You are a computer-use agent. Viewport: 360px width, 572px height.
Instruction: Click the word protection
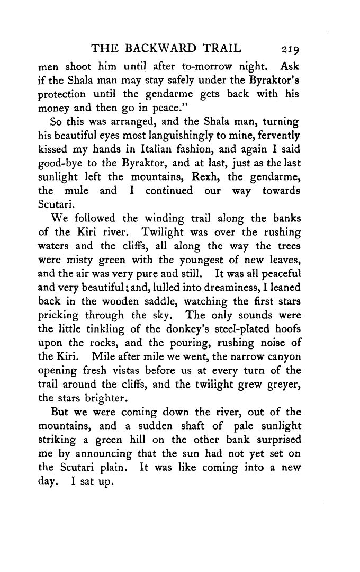point(65,95)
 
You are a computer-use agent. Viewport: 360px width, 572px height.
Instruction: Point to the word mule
point(79,191)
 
